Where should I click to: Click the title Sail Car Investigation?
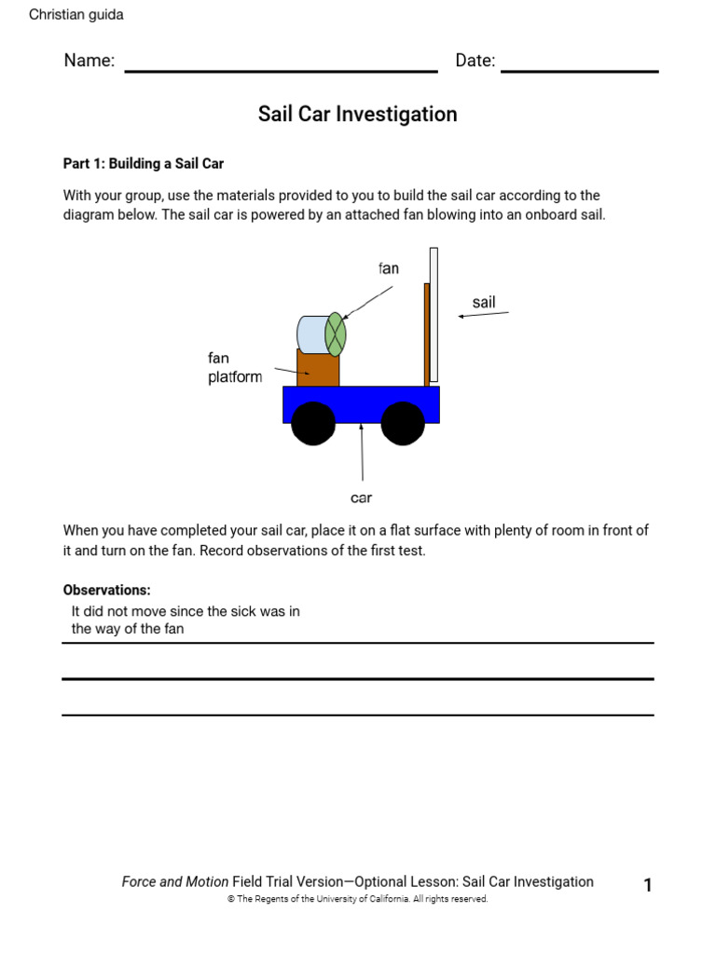(x=357, y=115)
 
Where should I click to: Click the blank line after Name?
(x=281, y=69)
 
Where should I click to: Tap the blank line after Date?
(x=579, y=69)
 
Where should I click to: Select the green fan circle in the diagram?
(x=336, y=334)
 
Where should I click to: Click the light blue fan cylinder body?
(x=310, y=334)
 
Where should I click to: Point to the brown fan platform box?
(x=318, y=369)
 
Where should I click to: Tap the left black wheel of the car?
(x=313, y=424)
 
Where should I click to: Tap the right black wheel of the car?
(x=403, y=424)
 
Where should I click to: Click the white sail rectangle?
(x=434, y=315)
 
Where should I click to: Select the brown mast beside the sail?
(x=426, y=334)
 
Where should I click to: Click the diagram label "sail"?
(x=484, y=302)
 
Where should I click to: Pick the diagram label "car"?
(x=361, y=498)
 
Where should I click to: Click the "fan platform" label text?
(x=234, y=368)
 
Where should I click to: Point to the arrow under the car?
(x=362, y=453)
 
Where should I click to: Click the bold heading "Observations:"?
(x=106, y=591)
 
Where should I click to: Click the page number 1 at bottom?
(x=648, y=886)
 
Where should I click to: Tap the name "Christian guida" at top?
(x=76, y=15)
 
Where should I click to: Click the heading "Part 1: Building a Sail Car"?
(x=144, y=164)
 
